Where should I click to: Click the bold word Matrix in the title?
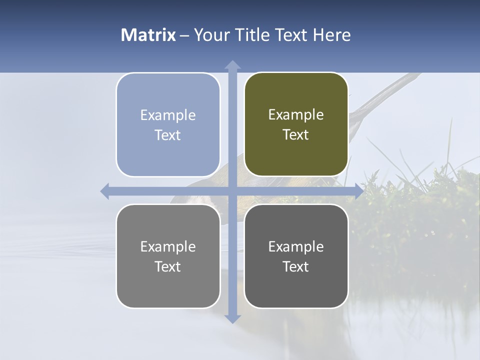point(148,35)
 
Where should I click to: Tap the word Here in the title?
point(332,35)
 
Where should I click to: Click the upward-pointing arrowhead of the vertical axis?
point(232,65)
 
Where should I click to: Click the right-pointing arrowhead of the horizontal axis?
point(358,191)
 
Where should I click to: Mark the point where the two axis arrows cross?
point(232,191)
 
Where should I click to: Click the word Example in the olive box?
point(296,115)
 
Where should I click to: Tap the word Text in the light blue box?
point(167,135)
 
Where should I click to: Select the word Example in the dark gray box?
point(296,246)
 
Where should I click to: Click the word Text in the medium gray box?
point(167,266)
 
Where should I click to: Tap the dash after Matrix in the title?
point(184,35)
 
